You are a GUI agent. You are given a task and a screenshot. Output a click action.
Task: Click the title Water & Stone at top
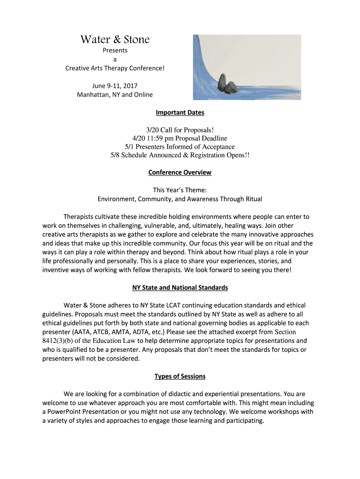point(115,39)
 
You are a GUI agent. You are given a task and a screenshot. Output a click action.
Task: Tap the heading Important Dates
point(180,113)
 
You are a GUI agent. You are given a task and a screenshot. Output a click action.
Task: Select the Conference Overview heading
point(180,173)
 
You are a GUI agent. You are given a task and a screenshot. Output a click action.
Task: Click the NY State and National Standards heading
point(180,288)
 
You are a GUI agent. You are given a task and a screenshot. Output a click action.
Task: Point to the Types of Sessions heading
point(180,376)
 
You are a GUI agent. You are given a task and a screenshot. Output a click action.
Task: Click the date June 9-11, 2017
point(115,86)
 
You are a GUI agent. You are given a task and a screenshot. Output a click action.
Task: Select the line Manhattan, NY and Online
point(115,95)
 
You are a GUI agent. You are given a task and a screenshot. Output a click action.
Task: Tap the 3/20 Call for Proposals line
point(180,130)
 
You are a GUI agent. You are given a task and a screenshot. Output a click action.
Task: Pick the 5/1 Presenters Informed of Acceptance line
point(180,147)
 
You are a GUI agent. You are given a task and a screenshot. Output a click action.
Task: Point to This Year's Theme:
point(180,190)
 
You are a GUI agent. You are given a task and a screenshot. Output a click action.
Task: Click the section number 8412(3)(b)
point(63,341)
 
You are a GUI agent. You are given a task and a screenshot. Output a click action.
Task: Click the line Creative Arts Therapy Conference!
point(115,68)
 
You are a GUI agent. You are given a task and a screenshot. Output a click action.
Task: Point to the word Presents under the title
point(115,51)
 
